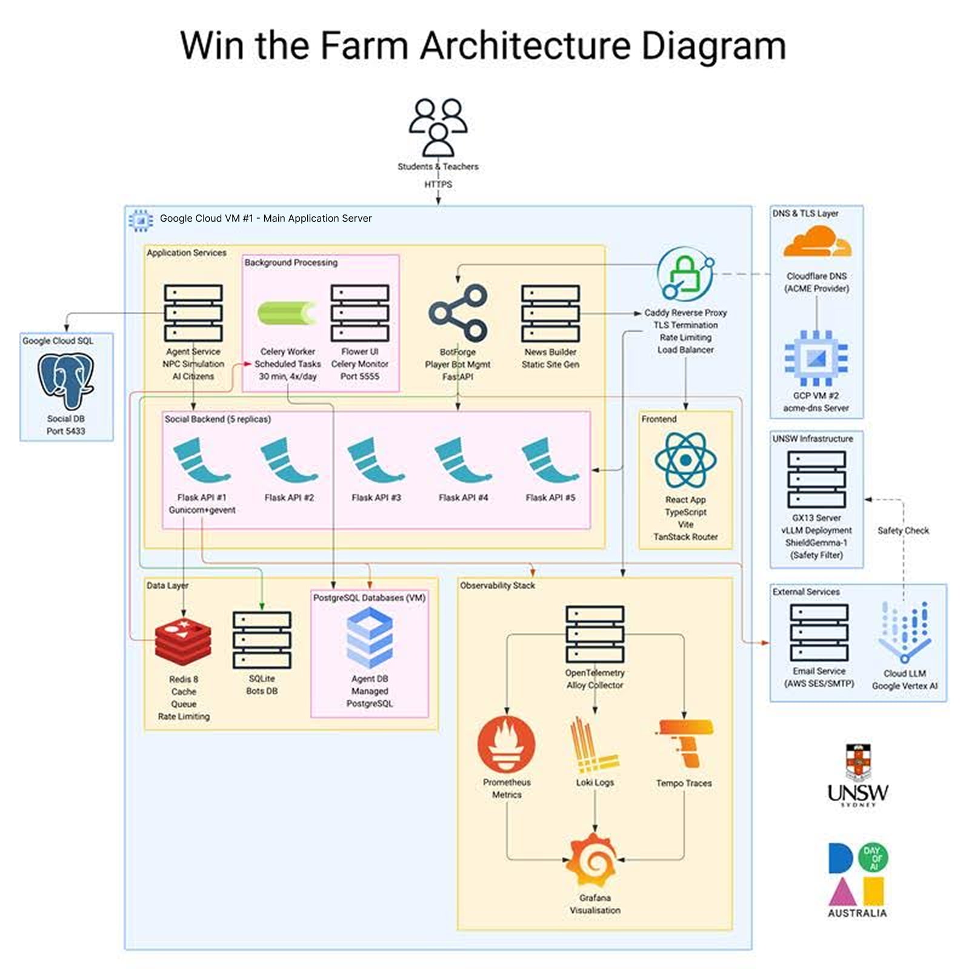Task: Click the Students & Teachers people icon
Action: [x=438, y=128]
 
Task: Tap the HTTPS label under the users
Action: [x=438, y=184]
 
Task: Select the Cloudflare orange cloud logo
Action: [x=816, y=242]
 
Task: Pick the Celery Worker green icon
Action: [x=287, y=313]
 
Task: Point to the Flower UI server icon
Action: [x=359, y=313]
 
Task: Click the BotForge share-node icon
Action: [x=458, y=313]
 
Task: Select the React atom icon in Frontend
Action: [x=685, y=460]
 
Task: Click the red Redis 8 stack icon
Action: [x=183, y=643]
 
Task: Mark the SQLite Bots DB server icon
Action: [x=262, y=640]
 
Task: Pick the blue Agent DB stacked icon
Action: [x=370, y=637]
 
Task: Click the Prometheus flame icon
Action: [x=507, y=744]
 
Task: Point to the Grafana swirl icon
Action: [x=594, y=859]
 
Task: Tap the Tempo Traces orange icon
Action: [x=685, y=742]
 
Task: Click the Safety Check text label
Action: [x=903, y=531]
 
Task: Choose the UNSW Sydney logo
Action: [x=858, y=775]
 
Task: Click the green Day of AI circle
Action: [x=873, y=858]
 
